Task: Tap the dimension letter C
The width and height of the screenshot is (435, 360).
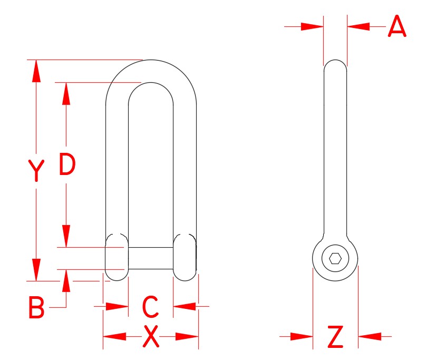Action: (x=151, y=307)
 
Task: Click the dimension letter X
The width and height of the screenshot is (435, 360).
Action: (x=151, y=337)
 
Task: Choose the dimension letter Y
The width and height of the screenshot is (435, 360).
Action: (x=36, y=171)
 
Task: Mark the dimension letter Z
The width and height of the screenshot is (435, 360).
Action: (x=335, y=337)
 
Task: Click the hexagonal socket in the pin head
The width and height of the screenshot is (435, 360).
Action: (x=335, y=259)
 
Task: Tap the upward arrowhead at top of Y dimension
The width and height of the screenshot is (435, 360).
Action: (x=36, y=71)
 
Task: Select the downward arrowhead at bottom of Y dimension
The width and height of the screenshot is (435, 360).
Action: (x=36, y=270)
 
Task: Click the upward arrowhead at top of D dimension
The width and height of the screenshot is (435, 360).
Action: (x=66, y=93)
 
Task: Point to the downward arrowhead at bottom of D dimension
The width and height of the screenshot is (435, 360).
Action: (x=66, y=236)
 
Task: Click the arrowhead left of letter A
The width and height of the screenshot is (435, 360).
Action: (x=312, y=26)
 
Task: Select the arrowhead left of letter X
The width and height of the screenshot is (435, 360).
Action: (x=114, y=336)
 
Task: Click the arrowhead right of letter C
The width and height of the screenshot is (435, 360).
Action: (x=185, y=306)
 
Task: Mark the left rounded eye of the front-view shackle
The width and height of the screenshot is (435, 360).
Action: (x=116, y=257)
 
